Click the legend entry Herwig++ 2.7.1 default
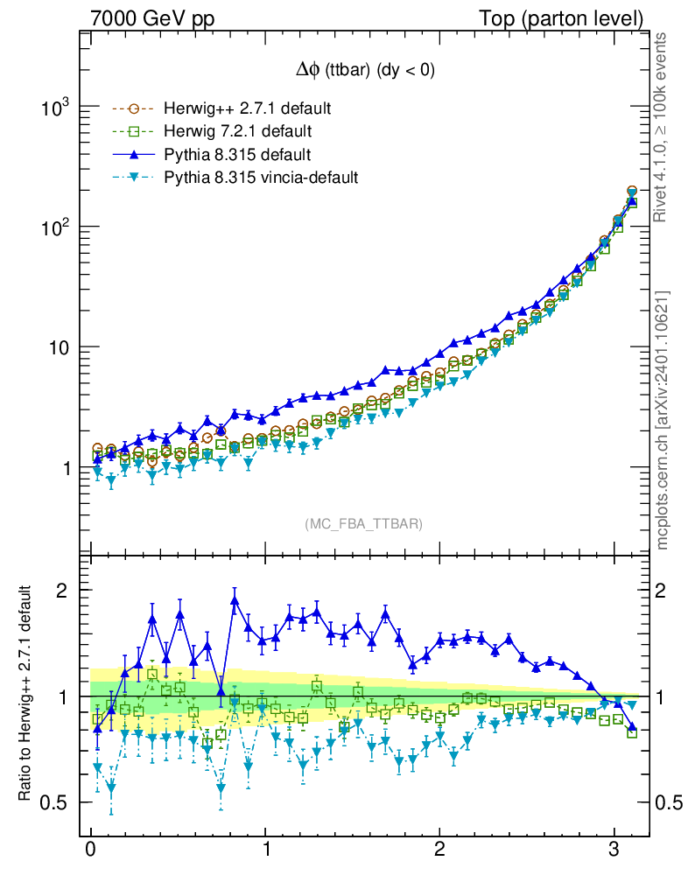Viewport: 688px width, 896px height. pyautogui.click(x=247, y=109)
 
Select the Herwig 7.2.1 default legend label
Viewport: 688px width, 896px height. pyautogui.click(x=239, y=132)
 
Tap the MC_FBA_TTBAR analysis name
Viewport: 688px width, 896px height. pyautogui.click(x=364, y=524)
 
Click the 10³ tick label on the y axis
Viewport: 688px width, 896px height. pyautogui.click(x=57, y=108)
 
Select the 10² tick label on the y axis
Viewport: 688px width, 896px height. pyautogui.click(x=57, y=227)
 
